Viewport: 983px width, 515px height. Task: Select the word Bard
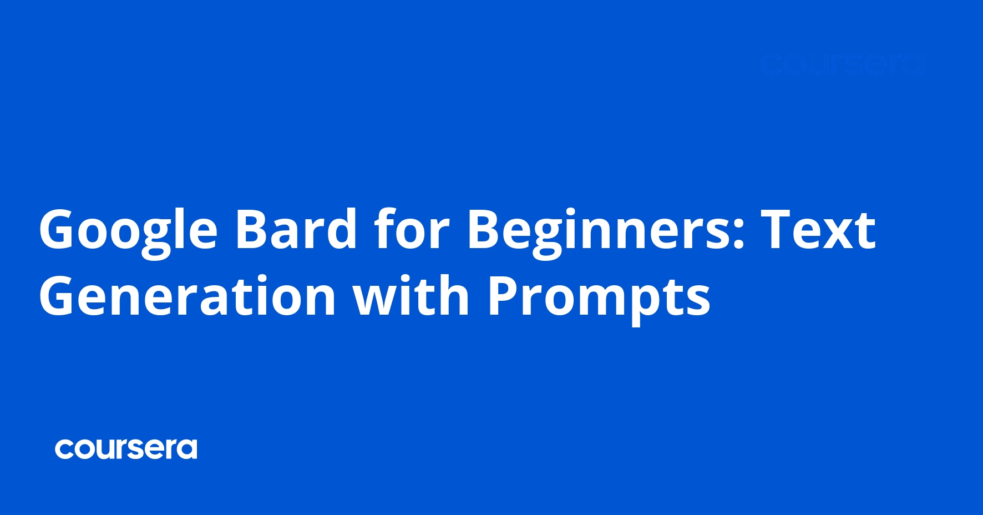(296, 229)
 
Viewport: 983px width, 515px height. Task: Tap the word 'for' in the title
(411, 229)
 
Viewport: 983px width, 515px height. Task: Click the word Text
(818, 229)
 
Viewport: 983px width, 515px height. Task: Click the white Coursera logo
(126, 449)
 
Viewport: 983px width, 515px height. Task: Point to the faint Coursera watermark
(842, 65)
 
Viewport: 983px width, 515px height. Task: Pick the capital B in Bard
(253, 229)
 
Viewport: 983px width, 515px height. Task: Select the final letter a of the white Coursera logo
(188, 450)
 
